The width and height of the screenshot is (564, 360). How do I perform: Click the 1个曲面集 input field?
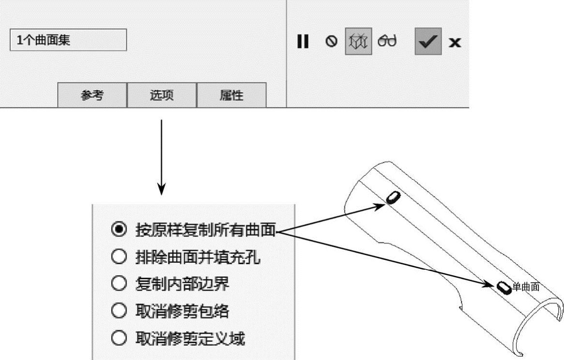click(68, 40)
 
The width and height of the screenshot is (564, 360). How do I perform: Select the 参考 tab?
click(92, 96)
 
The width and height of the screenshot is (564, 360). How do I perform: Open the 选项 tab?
click(161, 96)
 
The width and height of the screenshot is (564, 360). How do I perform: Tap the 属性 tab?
click(231, 96)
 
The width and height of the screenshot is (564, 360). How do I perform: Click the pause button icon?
click(303, 42)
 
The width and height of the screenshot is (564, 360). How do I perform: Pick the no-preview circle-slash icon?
click(331, 42)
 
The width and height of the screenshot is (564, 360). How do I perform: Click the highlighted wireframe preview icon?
click(358, 42)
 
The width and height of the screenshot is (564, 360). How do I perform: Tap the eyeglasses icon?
click(387, 42)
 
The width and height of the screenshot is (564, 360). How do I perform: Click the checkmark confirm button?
click(428, 42)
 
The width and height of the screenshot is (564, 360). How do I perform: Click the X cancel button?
click(454, 43)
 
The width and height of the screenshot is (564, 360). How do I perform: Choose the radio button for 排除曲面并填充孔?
click(119, 258)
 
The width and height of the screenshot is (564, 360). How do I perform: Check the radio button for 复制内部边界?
click(119, 284)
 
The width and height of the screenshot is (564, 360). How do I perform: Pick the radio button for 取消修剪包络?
click(119, 311)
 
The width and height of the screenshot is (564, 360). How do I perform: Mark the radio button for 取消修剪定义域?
click(119, 338)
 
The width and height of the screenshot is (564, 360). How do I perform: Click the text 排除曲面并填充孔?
click(198, 258)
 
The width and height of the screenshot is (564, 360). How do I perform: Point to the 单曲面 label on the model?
click(525, 287)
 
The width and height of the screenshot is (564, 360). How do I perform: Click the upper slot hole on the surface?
click(393, 197)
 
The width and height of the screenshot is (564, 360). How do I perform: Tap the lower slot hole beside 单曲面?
click(504, 288)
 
